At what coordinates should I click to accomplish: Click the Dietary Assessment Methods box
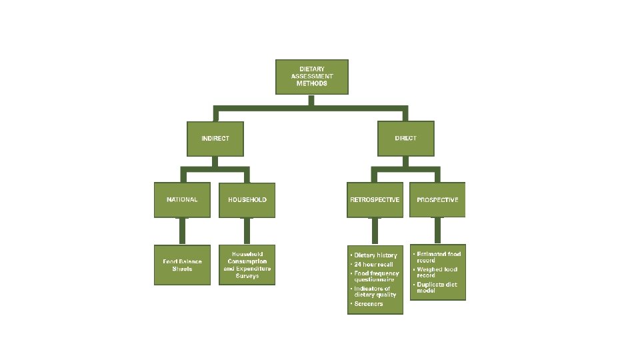point(312,77)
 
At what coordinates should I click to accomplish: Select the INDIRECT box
point(215,138)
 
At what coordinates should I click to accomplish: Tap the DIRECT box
point(405,138)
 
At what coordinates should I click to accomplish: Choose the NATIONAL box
point(181,199)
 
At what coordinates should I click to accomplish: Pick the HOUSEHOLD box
point(247,199)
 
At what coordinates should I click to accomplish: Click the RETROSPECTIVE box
point(375,199)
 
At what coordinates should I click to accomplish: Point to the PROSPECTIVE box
point(437,199)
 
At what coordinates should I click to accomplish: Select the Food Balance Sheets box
point(181,265)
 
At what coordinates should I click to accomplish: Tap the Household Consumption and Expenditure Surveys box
point(247,265)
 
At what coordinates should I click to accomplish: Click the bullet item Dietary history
point(375,255)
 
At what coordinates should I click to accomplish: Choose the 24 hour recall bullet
point(373,265)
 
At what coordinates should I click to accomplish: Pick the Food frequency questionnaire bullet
point(376,277)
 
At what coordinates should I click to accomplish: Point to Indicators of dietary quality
point(375,291)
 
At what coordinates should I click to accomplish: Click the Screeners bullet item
point(369,304)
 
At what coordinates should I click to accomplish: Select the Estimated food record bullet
point(439,257)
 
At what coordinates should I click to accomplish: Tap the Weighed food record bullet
point(437,272)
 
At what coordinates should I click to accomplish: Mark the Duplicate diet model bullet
point(437,287)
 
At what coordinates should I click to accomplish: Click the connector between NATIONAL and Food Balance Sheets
point(181,231)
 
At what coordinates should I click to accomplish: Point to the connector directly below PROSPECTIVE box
point(437,231)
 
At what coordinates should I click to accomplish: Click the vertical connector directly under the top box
point(311,100)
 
